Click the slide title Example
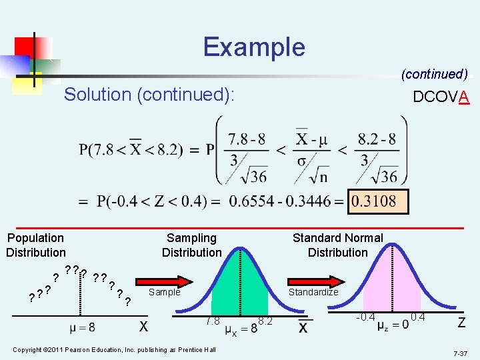pos(254,47)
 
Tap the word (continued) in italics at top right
pos(434,74)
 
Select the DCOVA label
pos(441,97)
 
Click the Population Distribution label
pos(36,245)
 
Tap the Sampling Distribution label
pos(191,245)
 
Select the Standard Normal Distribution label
pos(337,245)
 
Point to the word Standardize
pos(313,292)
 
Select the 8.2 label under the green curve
pos(265,321)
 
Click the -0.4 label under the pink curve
pos(365,316)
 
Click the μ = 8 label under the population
pos(82,327)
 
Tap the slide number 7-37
pos(460,351)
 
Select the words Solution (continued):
pos(149,95)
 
